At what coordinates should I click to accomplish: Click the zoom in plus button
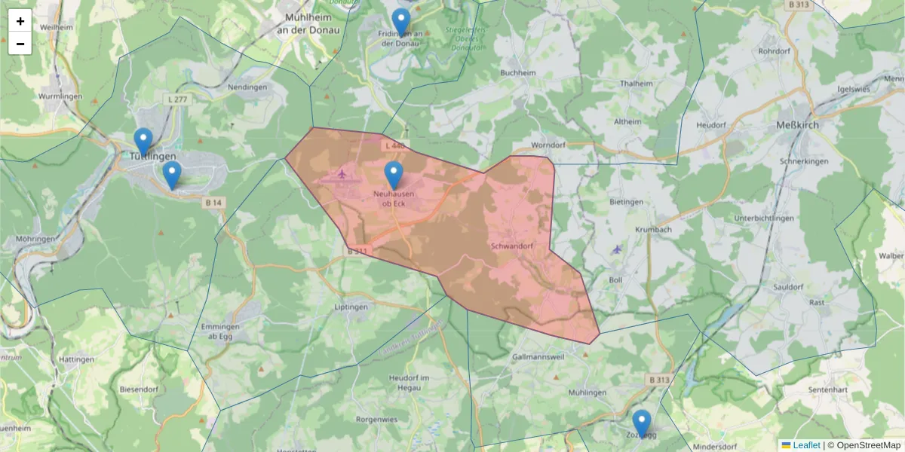point(20,21)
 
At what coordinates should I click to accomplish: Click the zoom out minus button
point(20,44)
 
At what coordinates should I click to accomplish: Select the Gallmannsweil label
point(538,356)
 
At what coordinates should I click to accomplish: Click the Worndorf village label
point(548,144)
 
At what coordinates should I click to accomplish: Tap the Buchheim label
point(517,73)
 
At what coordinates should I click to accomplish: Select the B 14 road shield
point(213,202)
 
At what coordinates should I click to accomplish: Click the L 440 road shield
point(394,145)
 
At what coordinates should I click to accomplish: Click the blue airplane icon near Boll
point(618,249)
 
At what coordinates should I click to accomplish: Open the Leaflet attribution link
point(805,445)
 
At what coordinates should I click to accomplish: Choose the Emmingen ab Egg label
point(220,331)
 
